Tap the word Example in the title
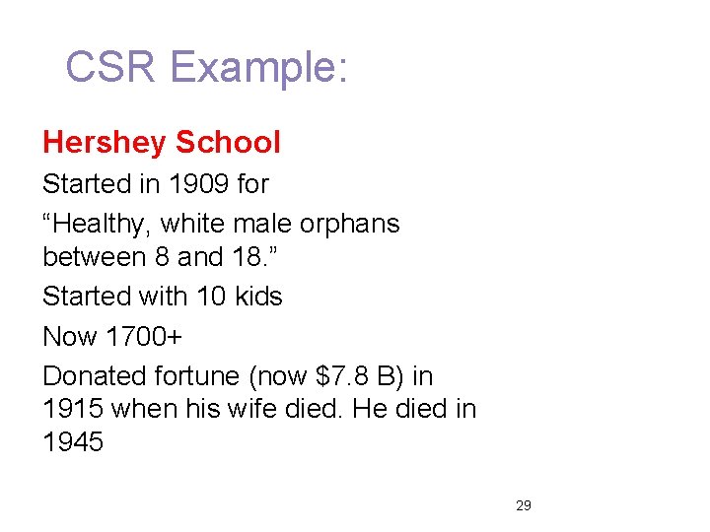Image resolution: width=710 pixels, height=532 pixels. (x=258, y=68)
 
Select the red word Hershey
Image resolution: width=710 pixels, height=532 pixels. (x=105, y=143)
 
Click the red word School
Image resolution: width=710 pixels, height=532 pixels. (x=228, y=143)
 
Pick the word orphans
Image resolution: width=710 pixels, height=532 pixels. (x=352, y=224)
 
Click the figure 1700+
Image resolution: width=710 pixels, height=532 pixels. (x=144, y=336)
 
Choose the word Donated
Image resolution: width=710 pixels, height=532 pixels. (x=95, y=375)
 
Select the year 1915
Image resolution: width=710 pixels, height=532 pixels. (x=73, y=408)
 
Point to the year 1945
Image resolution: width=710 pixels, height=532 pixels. (x=73, y=442)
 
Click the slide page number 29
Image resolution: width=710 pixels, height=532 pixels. (x=524, y=505)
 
